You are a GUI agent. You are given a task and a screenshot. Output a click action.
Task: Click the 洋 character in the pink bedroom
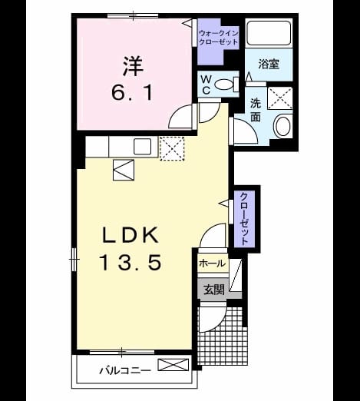click(134, 66)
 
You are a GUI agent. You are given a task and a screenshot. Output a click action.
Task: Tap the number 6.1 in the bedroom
click(132, 92)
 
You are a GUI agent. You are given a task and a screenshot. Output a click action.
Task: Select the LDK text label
click(130, 235)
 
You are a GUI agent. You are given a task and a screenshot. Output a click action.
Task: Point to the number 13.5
click(130, 262)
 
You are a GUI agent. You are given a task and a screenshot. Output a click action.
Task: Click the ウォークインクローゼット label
click(219, 38)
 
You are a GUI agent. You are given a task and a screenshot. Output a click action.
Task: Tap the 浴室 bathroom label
click(269, 64)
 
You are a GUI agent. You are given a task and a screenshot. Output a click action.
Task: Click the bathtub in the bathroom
click(269, 33)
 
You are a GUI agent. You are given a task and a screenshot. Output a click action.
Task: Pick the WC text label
click(206, 85)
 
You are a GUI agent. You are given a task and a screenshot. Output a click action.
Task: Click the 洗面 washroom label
click(256, 110)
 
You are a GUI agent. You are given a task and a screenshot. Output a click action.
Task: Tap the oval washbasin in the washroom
click(282, 126)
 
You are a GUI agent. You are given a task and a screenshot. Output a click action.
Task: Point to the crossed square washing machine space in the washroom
click(279, 98)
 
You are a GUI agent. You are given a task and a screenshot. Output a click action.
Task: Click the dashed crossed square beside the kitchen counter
click(172, 148)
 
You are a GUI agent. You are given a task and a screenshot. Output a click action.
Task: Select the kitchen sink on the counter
click(143, 147)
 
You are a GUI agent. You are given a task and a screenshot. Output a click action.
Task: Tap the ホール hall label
click(213, 263)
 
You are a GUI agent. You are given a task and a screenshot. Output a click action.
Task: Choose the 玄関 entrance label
click(214, 290)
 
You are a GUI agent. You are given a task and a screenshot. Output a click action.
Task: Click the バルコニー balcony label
click(125, 370)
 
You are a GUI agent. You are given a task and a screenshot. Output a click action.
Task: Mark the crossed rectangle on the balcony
click(173, 365)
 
